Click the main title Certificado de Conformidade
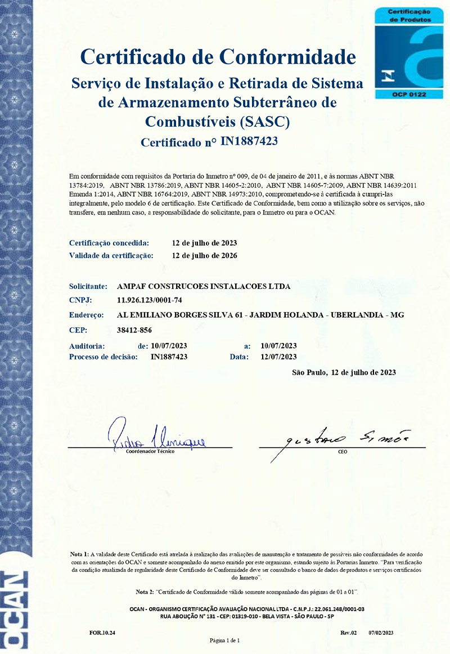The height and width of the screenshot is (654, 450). [218, 57]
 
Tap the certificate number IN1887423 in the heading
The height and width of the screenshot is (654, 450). [250, 141]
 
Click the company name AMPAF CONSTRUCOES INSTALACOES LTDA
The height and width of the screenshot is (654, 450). [203, 286]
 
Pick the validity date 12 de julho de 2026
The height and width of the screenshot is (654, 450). [204, 256]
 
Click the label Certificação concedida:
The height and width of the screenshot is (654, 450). [109, 243]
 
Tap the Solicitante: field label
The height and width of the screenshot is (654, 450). [88, 286]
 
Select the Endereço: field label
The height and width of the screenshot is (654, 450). [87, 315]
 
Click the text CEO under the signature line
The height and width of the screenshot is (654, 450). [343, 452]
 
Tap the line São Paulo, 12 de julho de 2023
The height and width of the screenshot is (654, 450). [344, 372]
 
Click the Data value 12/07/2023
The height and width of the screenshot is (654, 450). [279, 357]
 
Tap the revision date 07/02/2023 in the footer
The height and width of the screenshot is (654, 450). [381, 633]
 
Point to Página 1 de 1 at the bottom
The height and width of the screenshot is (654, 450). [225, 640]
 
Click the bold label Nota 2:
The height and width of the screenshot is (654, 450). [145, 592]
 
